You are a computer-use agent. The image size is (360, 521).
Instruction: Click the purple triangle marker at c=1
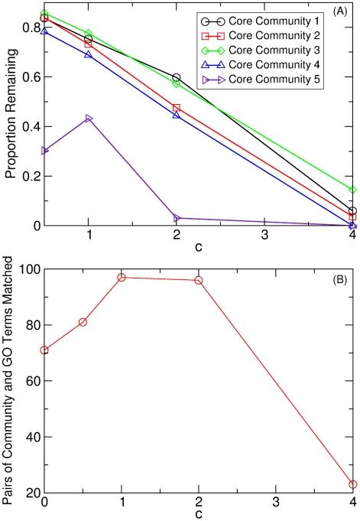click(89, 119)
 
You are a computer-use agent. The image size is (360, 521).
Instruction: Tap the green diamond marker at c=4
click(352, 189)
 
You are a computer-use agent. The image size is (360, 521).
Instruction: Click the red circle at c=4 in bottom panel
click(352, 484)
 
